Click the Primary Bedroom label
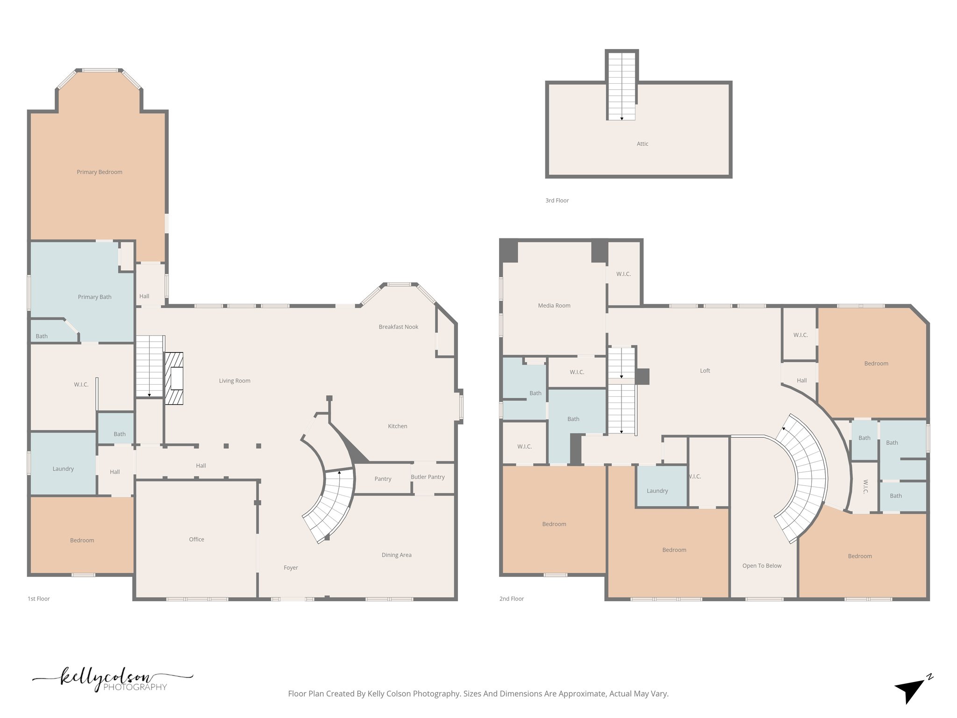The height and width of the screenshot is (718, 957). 100,172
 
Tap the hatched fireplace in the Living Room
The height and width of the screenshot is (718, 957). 174,378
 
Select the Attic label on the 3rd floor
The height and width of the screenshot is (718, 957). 643,144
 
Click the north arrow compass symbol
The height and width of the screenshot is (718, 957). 912,689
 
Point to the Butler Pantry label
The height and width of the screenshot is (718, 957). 428,477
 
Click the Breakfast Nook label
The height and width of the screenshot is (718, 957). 398,327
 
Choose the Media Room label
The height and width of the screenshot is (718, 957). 554,306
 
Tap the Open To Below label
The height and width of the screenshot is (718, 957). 762,566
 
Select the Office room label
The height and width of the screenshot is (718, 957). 196,539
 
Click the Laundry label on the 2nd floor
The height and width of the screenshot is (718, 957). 657,491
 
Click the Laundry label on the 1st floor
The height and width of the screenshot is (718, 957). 63,469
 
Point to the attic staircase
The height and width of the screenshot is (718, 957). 621,86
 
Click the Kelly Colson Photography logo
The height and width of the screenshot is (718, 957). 112,680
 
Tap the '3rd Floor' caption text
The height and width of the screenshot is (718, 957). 557,201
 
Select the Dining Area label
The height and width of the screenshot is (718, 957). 396,555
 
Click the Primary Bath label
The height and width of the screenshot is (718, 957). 94,297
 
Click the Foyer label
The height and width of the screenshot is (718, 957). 291,568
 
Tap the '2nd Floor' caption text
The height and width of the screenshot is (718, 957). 511,599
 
